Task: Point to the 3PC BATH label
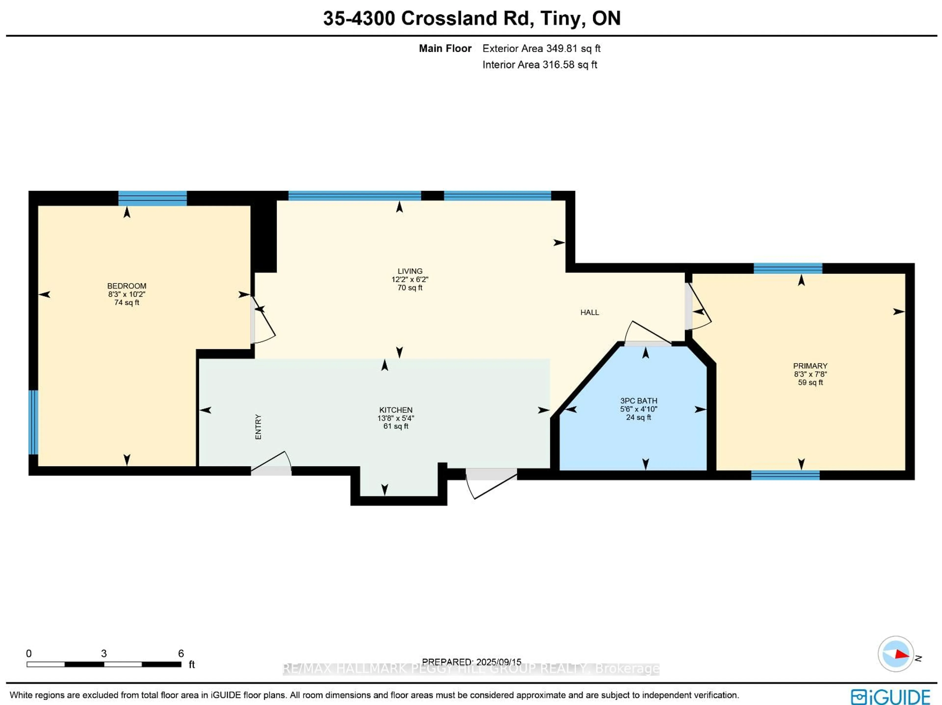click(x=638, y=401)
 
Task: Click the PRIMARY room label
click(x=810, y=366)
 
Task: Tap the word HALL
click(x=589, y=312)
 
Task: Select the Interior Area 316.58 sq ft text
click(x=539, y=65)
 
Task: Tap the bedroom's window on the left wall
click(x=33, y=422)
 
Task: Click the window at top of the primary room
click(x=788, y=269)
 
